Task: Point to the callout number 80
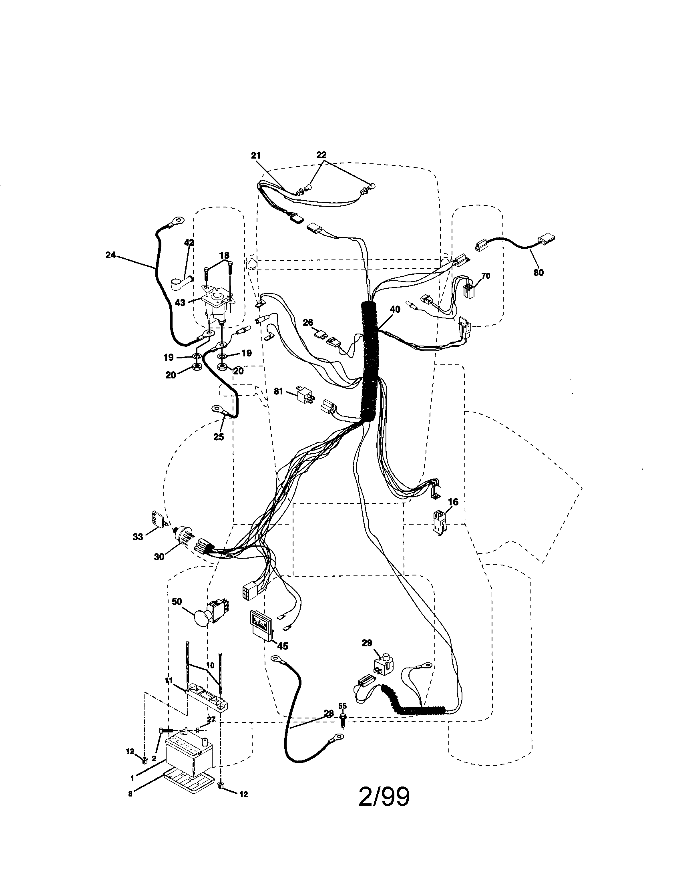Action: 538,272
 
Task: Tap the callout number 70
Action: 486,276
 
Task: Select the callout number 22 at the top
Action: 321,155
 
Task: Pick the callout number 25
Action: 219,436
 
